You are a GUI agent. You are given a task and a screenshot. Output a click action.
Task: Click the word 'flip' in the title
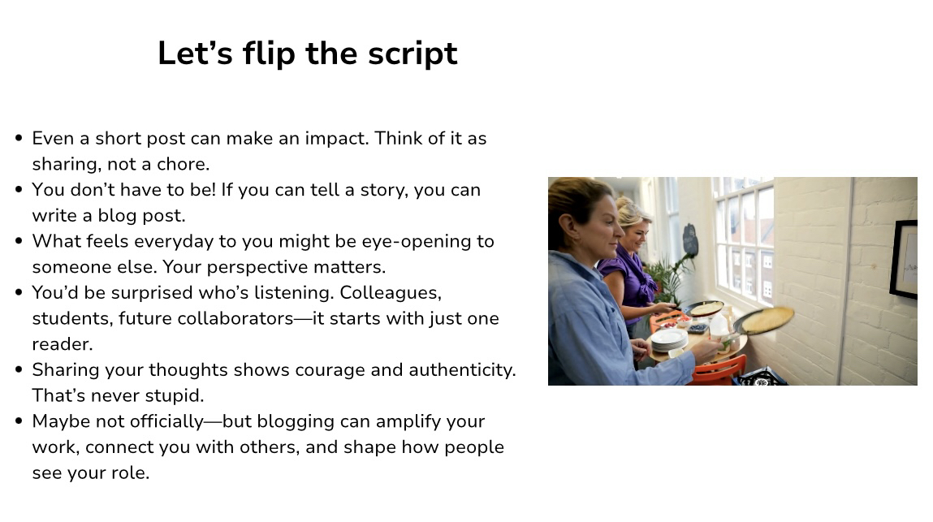[269, 53]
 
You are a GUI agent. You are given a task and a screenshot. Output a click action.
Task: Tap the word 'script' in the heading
[413, 54]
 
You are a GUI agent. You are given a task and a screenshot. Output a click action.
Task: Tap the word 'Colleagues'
[391, 293]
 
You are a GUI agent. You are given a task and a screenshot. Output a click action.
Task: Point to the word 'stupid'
[176, 395]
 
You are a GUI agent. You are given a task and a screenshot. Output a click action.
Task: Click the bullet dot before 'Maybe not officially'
[19, 421]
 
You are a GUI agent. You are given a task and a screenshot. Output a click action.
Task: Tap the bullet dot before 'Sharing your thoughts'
[19, 370]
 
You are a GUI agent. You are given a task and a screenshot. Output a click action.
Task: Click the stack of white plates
[669, 339]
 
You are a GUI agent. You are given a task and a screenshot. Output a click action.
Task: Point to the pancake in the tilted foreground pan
[768, 319]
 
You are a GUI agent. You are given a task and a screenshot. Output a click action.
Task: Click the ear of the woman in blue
[566, 224]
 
